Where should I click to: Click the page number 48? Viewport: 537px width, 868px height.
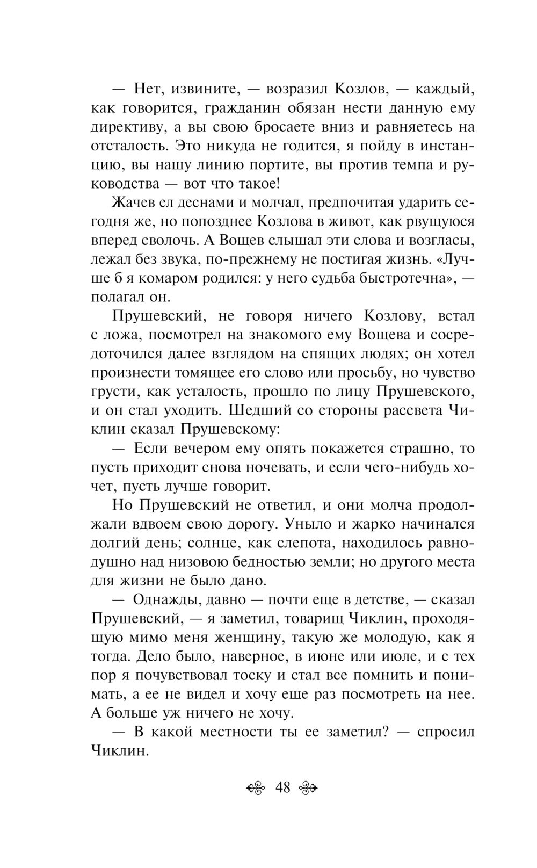pos(282,788)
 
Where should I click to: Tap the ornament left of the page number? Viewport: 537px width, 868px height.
pos(256,789)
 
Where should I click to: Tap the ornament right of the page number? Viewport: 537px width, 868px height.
pos(308,789)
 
